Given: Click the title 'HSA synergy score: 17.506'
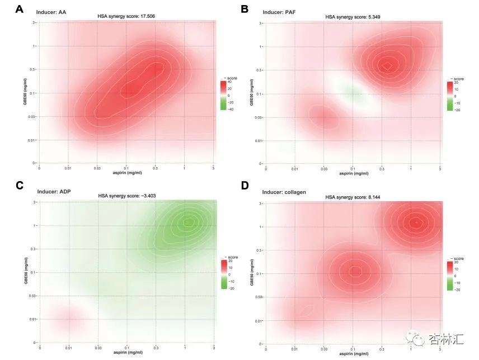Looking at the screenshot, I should (x=126, y=17).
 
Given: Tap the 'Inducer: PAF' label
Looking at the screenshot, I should (x=277, y=11).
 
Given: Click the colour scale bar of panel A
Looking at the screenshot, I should (x=223, y=95).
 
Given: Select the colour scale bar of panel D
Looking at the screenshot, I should (x=449, y=276).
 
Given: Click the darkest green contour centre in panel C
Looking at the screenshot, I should (x=189, y=222).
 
